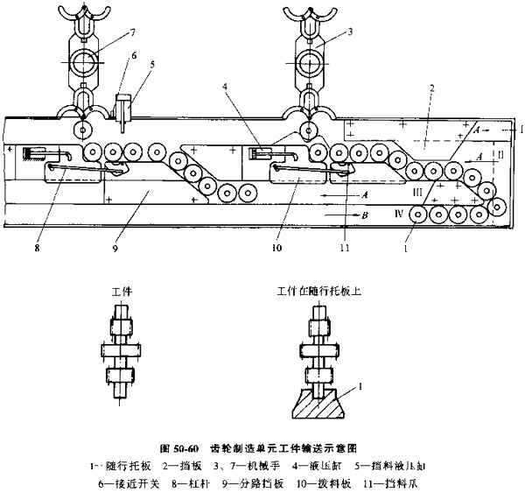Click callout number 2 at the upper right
431,88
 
